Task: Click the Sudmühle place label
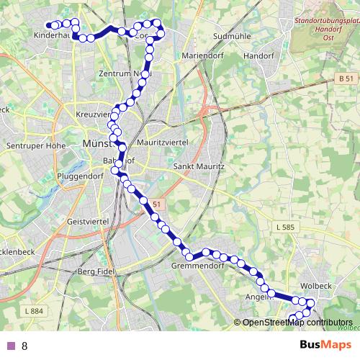tap(233, 35)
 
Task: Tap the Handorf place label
tap(259, 55)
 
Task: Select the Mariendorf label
tap(185, 55)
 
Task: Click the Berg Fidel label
tap(96, 272)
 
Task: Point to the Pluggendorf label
tap(81, 175)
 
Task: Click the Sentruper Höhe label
tap(33, 145)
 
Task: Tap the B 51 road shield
tap(347, 78)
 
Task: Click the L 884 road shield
tap(33, 310)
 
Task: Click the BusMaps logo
tap(320, 345)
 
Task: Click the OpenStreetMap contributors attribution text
tap(296, 323)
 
